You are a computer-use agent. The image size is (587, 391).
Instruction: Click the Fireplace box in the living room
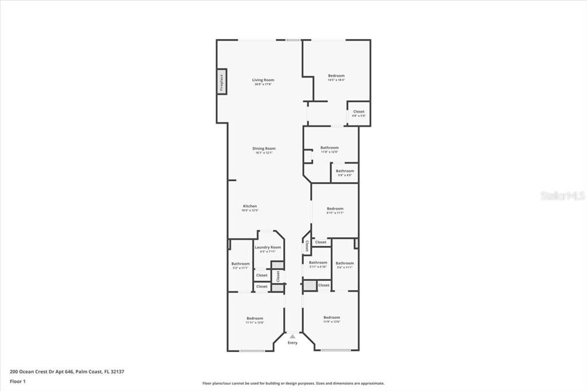pos(221,81)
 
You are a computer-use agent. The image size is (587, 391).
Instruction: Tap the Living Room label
pos(263,80)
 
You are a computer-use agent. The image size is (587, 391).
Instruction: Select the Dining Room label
pos(264,149)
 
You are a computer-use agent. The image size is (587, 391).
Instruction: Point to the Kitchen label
pos(250,206)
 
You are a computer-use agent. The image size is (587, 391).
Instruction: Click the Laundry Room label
pos(268,248)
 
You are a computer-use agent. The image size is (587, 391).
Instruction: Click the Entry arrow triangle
pos(293,337)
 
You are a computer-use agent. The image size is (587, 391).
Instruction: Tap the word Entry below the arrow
pos(293,343)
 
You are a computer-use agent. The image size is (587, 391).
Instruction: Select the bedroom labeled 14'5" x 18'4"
pos(336,76)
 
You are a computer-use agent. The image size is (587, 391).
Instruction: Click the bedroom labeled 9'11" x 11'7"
pos(335,209)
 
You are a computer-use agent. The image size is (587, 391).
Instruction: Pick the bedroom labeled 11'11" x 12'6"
pos(255,319)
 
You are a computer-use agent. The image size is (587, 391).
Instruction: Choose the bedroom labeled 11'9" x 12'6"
pos(331,318)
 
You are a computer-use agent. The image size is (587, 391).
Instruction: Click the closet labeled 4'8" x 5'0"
pos(358,112)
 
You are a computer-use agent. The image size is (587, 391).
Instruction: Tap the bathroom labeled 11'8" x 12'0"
pos(329,148)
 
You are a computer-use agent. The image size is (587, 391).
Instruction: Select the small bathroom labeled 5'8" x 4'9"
pos(345,171)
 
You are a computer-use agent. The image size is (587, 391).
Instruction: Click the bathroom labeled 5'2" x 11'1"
pos(240,264)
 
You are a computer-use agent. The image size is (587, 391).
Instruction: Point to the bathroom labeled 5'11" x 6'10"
pos(318,263)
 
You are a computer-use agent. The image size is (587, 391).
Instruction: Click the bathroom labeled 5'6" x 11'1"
pos(345,264)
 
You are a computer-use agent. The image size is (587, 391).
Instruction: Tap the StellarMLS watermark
pos(562,196)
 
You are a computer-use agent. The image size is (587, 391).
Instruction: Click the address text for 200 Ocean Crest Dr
pos(66,372)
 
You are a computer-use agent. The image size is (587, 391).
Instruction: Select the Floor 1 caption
pos(17,381)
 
